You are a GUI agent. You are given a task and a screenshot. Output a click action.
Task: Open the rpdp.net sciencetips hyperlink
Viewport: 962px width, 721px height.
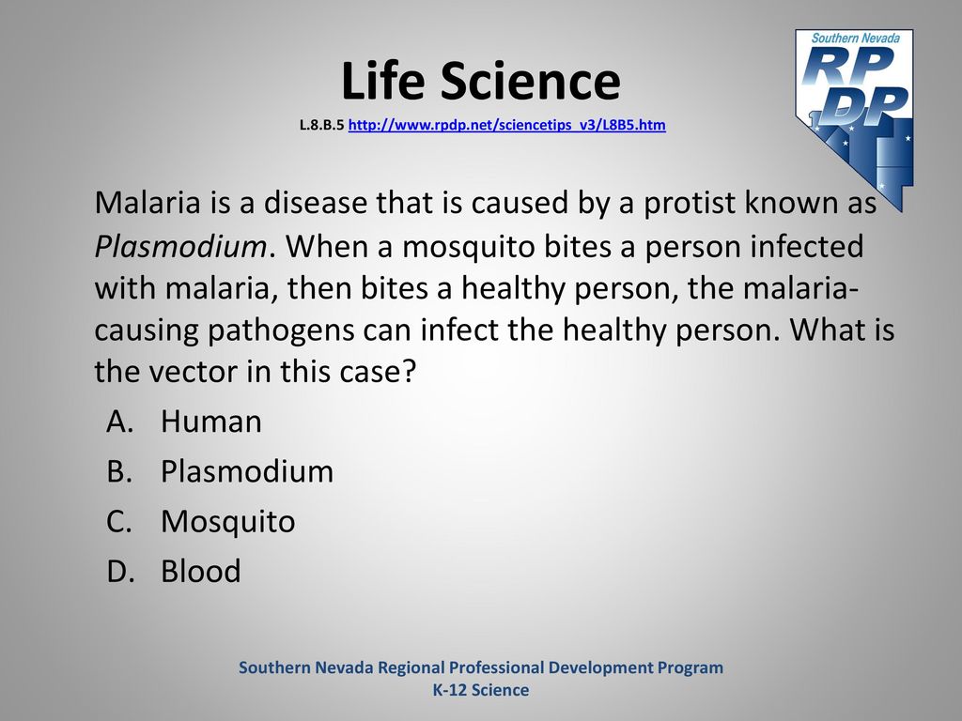click(x=506, y=125)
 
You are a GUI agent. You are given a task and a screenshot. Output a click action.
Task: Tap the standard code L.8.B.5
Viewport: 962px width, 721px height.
click(x=321, y=125)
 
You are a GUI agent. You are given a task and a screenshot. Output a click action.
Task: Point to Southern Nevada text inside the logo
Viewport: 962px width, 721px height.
click(x=855, y=38)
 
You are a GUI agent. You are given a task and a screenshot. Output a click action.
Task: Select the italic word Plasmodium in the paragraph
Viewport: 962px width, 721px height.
click(x=180, y=247)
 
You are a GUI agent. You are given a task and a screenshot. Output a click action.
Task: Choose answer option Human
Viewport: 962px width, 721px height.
click(x=211, y=422)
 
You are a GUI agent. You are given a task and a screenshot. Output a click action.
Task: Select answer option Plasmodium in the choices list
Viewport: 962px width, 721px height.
click(x=247, y=471)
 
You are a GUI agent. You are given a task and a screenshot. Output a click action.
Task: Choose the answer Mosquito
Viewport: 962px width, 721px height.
click(x=227, y=522)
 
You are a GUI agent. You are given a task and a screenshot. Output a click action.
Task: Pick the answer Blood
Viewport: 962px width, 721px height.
click(x=201, y=572)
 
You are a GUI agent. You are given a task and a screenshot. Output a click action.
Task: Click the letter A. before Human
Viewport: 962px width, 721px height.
click(x=119, y=422)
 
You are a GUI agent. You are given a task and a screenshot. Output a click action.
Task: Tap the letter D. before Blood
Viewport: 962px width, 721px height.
click(x=120, y=572)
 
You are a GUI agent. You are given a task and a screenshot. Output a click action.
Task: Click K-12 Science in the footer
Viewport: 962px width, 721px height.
click(x=481, y=690)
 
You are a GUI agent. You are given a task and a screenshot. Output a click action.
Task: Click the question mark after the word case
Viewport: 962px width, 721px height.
click(x=410, y=372)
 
